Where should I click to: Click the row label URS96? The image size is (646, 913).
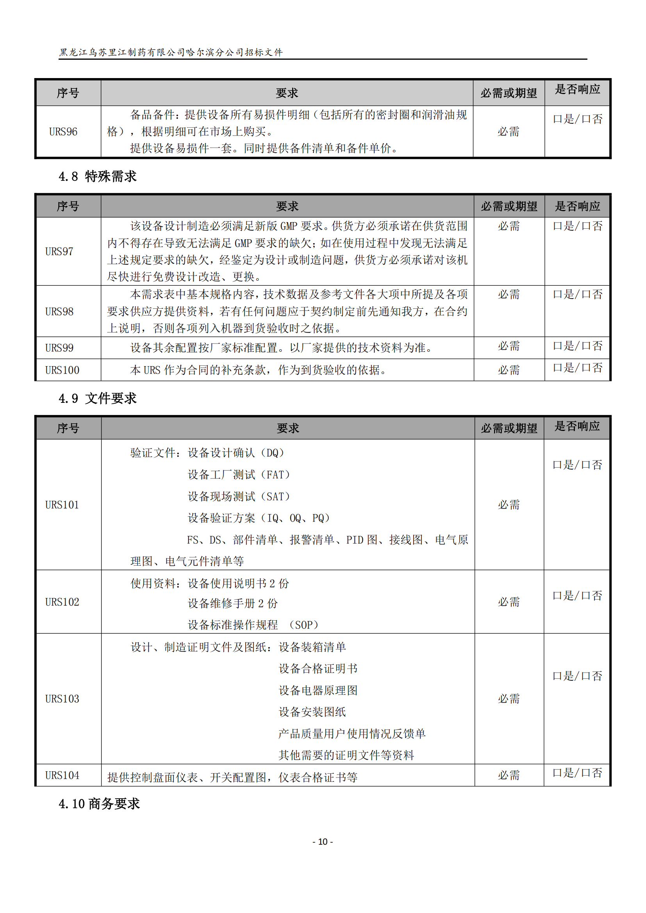point(63,132)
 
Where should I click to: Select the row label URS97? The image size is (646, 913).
point(59,251)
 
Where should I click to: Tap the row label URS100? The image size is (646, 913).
point(62,370)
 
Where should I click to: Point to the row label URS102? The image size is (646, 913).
point(62,602)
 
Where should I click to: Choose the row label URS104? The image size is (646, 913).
point(62,776)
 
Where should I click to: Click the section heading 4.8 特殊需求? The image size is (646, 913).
point(98,176)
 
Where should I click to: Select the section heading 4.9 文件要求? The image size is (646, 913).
point(98,398)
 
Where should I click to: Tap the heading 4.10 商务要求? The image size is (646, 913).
point(99,804)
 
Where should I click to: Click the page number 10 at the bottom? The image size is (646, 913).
point(323,842)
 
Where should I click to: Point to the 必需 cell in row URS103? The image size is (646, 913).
point(509,699)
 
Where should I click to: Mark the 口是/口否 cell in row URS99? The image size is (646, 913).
point(578,346)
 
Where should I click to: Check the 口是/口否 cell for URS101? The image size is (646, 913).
point(578,465)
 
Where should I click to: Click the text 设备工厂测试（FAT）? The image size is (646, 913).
point(239,475)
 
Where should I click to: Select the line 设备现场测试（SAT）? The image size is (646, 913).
point(239,497)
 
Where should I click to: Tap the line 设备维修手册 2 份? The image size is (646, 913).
point(233,603)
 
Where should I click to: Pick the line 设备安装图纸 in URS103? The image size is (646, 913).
point(312,712)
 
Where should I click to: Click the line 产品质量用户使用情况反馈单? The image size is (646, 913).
point(352,734)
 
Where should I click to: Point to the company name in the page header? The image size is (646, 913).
point(171,52)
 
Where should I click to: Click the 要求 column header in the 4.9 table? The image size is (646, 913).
point(287,428)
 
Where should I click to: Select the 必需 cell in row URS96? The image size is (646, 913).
point(509,132)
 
